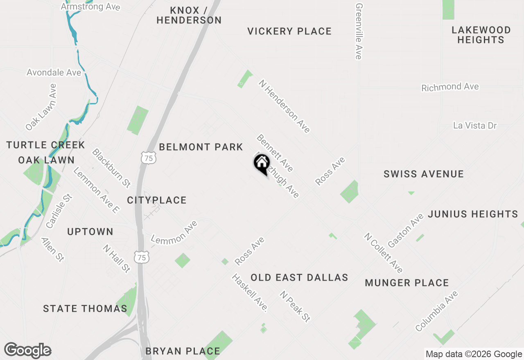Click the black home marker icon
(x=262, y=163)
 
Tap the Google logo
(x=27, y=351)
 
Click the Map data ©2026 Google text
(x=474, y=354)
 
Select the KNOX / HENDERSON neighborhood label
(x=189, y=15)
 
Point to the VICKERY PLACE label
(x=289, y=31)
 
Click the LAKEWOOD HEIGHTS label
(x=481, y=35)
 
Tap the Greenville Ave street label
(x=359, y=32)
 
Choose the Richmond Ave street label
(x=450, y=87)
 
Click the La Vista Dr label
(x=475, y=126)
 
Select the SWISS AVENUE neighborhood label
(x=424, y=174)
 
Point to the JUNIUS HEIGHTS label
(x=473, y=214)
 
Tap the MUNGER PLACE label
(x=407, y=283)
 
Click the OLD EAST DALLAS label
(x=299, y=277)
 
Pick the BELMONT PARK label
(x=201, y=147)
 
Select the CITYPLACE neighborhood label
(x=157, y=200)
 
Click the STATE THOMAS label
(x=85, y=308)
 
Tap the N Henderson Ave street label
(x=284, y=106)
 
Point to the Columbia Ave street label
(x=436, y=311)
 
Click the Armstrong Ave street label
(x=90, y=7)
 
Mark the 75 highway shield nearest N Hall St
(x=141, y=257)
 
